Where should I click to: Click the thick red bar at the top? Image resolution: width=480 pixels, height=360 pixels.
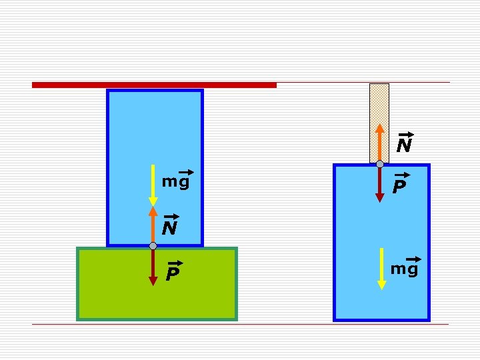[x=154, y=85]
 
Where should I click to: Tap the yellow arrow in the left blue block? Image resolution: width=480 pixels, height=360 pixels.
[x=153, y=184]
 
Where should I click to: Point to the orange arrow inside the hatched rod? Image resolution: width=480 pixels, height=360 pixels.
[x=379, y=143]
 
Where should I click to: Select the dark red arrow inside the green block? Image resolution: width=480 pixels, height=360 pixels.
[x=153, y=267]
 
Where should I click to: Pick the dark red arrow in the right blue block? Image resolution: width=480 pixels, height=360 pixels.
[x=379, y=183]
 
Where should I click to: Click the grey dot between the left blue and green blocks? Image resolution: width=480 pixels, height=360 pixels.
[x=153, y=246]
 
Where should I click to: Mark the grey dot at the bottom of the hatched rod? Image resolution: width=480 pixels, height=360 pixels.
[x=379, y=164]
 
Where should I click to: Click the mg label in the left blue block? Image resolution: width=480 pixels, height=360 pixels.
[x=176, y=181]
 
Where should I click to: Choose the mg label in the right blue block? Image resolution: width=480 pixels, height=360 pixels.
[x=404, y=269]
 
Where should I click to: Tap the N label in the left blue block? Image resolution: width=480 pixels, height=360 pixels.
[x=170, y=228]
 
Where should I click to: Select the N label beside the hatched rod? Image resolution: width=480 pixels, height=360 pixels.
[x=404, y=145]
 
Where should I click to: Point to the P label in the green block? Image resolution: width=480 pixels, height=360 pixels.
[x=173, y=273]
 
